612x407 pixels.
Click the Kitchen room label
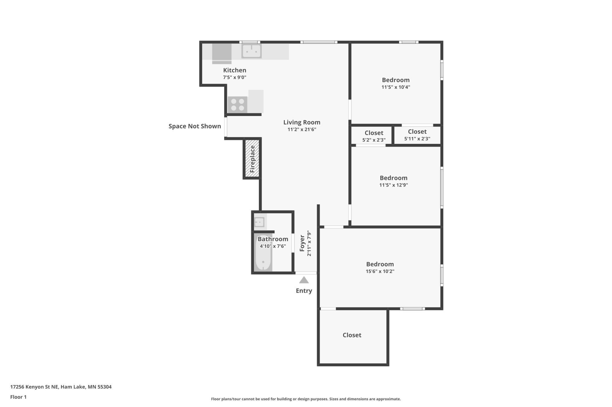(235, 70)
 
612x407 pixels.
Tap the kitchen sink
(252, 51)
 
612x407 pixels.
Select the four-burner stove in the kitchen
(237, 105)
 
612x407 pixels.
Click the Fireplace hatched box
(252, 159)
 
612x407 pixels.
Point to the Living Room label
(302, 122)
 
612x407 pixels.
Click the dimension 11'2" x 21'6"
(302, 129)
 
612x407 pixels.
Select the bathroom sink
(260, 222)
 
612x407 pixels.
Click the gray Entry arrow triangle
(304, 280)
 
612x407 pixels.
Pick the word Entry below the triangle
(304, 291)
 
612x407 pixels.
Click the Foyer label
(302, 243)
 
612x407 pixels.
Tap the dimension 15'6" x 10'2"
(380, 271)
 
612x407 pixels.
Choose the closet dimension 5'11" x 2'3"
(417, 139)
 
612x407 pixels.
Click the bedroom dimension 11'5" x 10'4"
(396, 87)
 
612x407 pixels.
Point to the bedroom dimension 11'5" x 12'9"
(394, 185)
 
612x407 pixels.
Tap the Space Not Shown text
(195, 126)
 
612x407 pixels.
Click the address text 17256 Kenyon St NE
(34, 387)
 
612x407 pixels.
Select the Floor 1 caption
(18, 397)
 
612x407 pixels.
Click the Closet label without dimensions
(352, 335)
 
